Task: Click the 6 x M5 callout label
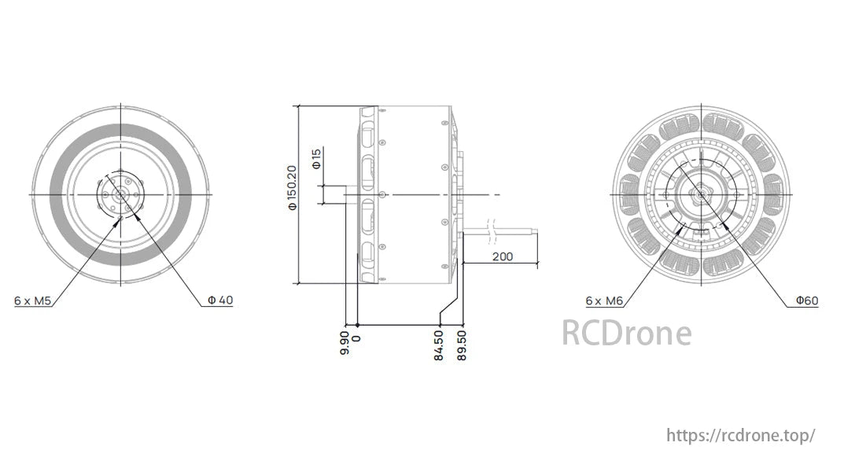coord(32,301)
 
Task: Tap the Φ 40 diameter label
coord(219,301)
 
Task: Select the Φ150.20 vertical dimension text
coord(293,188)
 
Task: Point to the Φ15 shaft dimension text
coord(316,160)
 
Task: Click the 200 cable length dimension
coord(503,256)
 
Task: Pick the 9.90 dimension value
coord(345,344)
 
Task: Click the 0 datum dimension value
coord(357,337)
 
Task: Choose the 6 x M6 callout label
coord(604,301)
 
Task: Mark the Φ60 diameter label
coord(806,301)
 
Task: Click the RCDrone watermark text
coord(626,333)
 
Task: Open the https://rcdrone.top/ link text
coord(740,435)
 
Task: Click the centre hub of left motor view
coord(120,194)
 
